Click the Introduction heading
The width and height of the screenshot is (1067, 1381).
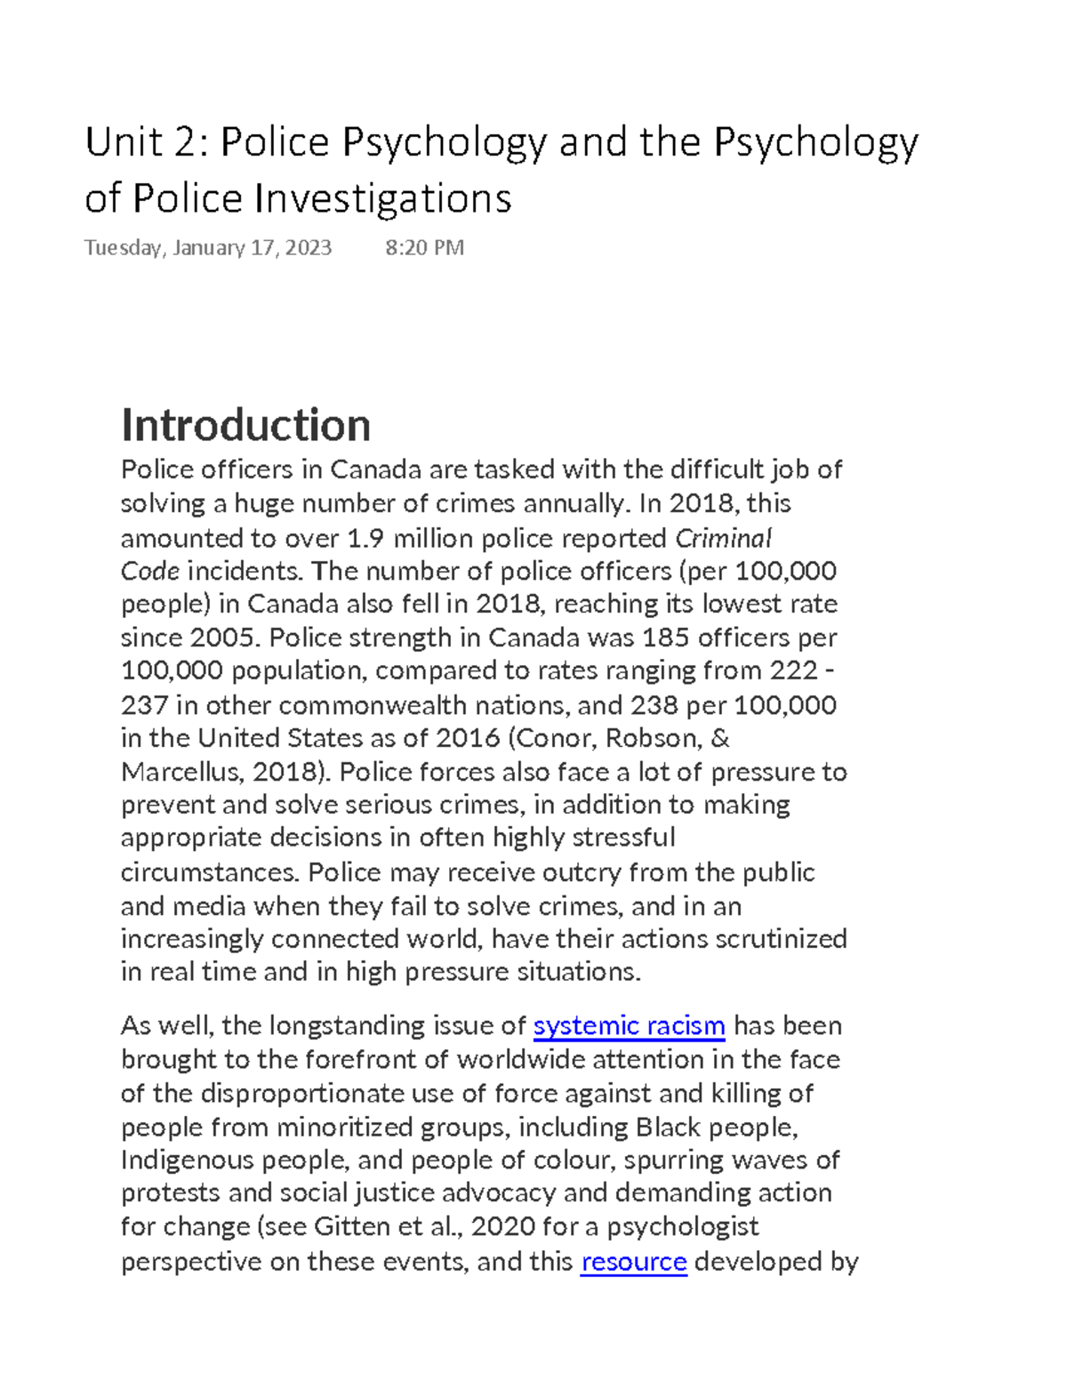pos(245,425)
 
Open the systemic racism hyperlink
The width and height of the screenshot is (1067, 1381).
pos(629,1026)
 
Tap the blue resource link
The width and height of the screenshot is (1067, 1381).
pos(633,1262)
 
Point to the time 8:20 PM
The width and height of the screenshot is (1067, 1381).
pos(424,247)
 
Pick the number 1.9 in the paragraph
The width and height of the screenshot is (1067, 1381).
pos(365,538)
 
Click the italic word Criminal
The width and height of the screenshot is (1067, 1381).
pos(723,538)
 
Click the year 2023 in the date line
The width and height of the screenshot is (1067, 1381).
pos(309,247)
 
